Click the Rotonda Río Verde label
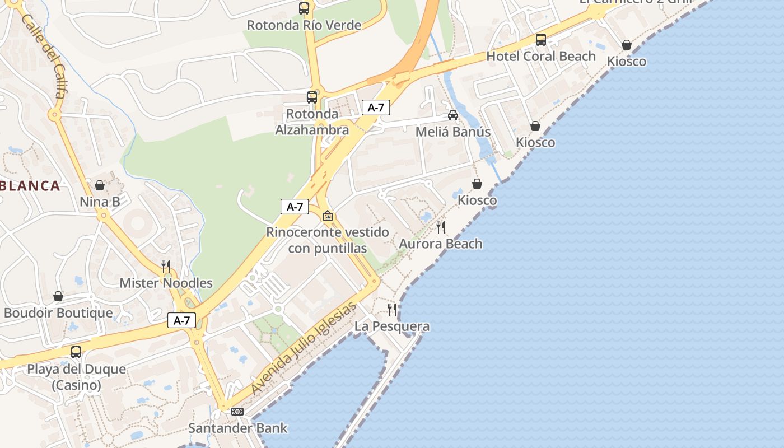[x=304, y=25]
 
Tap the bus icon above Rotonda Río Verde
[x=304, y=8]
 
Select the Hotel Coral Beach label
[x=541, y=56]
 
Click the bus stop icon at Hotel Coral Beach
[x=541, y=40]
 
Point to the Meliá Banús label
[x=453, y=132]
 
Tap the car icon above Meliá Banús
[x=453, y=115]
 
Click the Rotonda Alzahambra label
[x=312, y=122]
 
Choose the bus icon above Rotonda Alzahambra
[x=312, y=97]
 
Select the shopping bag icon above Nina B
[x=100, y=185]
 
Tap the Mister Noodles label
[x=166, y=283]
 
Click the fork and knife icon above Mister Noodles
[x=166, y=266]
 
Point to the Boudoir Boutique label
[x=58, y=312]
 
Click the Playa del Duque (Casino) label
[x=77, y=377]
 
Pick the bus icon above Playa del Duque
[x=76, y=352]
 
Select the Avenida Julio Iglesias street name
[x=304, y=347]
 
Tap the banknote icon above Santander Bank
[x=237, y=412]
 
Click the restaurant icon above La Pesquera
[x=392, y=309]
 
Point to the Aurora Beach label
[x=441, y=244]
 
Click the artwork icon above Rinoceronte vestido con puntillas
[x=328, y=216]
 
